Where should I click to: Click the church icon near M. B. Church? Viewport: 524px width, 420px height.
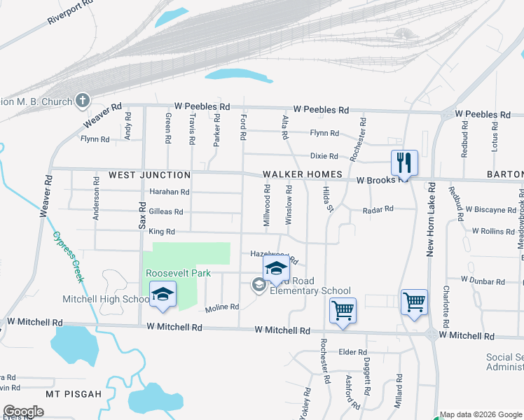[82, 101]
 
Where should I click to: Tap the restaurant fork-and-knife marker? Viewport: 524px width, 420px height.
[404, 163]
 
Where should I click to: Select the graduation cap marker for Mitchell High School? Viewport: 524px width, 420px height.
[163, 295]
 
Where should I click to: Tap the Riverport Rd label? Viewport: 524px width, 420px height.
[71, 13]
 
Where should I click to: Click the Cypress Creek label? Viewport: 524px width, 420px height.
[70, 256]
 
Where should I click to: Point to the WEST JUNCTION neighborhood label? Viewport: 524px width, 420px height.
[149, 175]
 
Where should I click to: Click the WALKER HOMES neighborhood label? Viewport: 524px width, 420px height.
[302, 175]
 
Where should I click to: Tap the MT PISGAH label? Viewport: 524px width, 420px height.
[74, 394]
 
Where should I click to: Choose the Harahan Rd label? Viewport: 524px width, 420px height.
[169, 192]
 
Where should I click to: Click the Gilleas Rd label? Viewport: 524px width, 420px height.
[165, 211]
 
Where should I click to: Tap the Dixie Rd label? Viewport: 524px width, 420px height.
[324, 156]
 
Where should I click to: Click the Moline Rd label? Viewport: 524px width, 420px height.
[222, 307]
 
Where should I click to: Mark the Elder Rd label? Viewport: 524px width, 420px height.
[352, 352]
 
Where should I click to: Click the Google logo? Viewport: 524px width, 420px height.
[23, 412]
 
